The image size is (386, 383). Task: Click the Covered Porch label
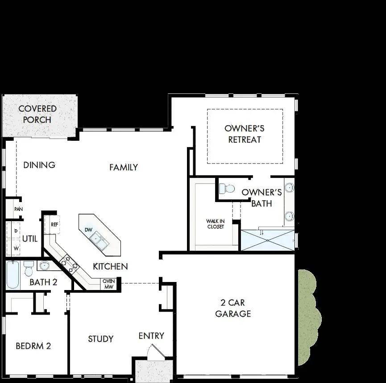37,114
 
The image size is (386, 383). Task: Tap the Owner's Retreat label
245,134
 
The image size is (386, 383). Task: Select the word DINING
39,165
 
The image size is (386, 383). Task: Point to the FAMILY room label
124,167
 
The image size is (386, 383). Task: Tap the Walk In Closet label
215,224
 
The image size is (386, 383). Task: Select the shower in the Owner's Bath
267,240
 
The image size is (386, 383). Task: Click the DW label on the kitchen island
88,230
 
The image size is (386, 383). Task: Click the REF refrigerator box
54,224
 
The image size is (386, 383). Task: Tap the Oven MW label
109,284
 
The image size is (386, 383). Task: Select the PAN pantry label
18,209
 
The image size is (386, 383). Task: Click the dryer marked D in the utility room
16,231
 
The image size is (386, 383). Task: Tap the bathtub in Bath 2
12,275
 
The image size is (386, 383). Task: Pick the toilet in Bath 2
29,269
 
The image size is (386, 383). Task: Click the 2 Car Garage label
233,308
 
